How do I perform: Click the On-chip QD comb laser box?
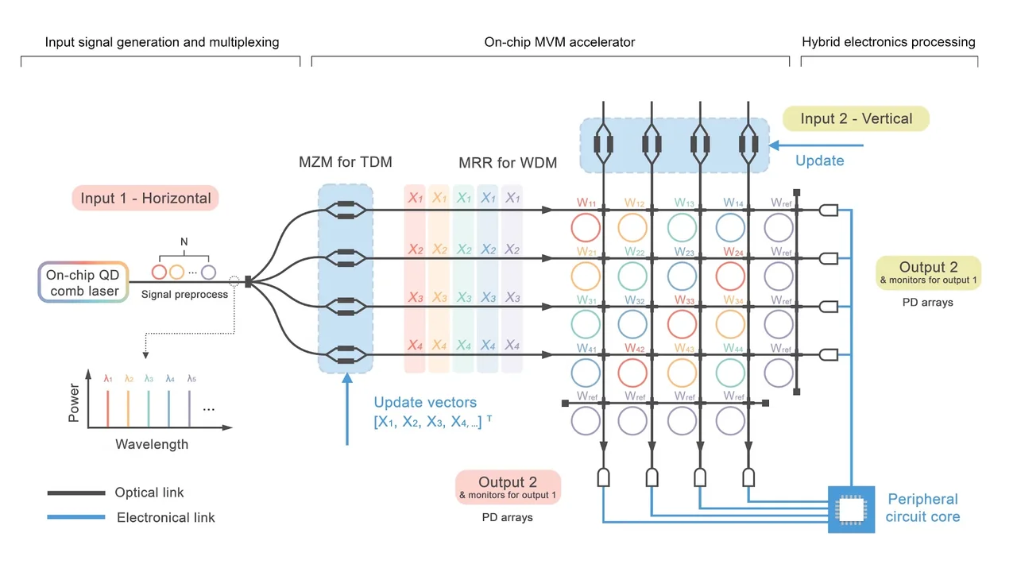tap(83, 282)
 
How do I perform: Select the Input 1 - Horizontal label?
tap(145, 199)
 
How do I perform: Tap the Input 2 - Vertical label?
tap(856, 118)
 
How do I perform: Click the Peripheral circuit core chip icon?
tap(851, 508)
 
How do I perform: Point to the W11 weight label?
tap(587, 203)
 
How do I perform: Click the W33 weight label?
tap(684, 300)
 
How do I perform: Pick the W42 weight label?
tap(635, 348)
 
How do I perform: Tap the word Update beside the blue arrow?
tap(819, 160)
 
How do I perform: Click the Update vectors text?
tap(425, 403)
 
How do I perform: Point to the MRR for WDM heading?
tap(508, 164)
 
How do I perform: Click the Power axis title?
tap(74, 404)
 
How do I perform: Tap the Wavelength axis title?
tap(152, 444)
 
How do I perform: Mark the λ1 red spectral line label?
tap(107, 378)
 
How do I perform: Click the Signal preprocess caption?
tap(184, 294)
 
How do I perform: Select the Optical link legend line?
tap(76, 493)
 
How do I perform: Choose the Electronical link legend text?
tap(165, 517)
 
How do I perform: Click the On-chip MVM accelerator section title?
tap(559, 42)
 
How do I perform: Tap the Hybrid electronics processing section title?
tap(888, 42)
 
